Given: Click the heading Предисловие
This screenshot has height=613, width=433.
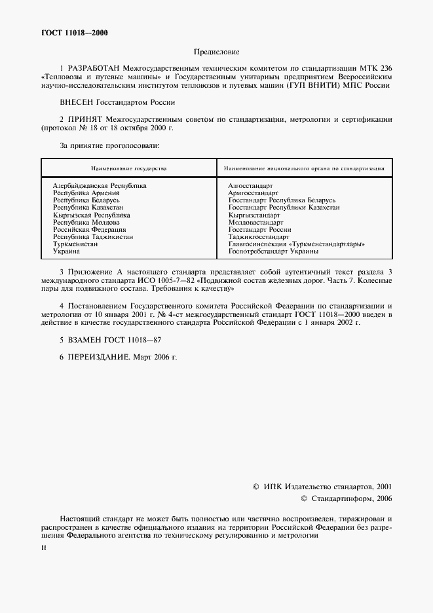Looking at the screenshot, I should coord(216,51).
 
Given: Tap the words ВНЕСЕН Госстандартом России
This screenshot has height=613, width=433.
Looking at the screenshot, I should coord(117,102).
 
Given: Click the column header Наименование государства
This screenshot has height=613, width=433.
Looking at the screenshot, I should coord(128,168).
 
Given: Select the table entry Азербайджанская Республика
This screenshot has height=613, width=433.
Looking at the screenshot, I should coord(100,186).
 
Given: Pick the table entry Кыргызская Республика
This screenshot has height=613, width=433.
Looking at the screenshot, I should coord(92,215).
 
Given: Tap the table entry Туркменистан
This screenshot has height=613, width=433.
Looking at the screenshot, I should coord(75,244).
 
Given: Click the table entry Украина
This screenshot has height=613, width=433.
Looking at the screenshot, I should coord(66,251).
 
